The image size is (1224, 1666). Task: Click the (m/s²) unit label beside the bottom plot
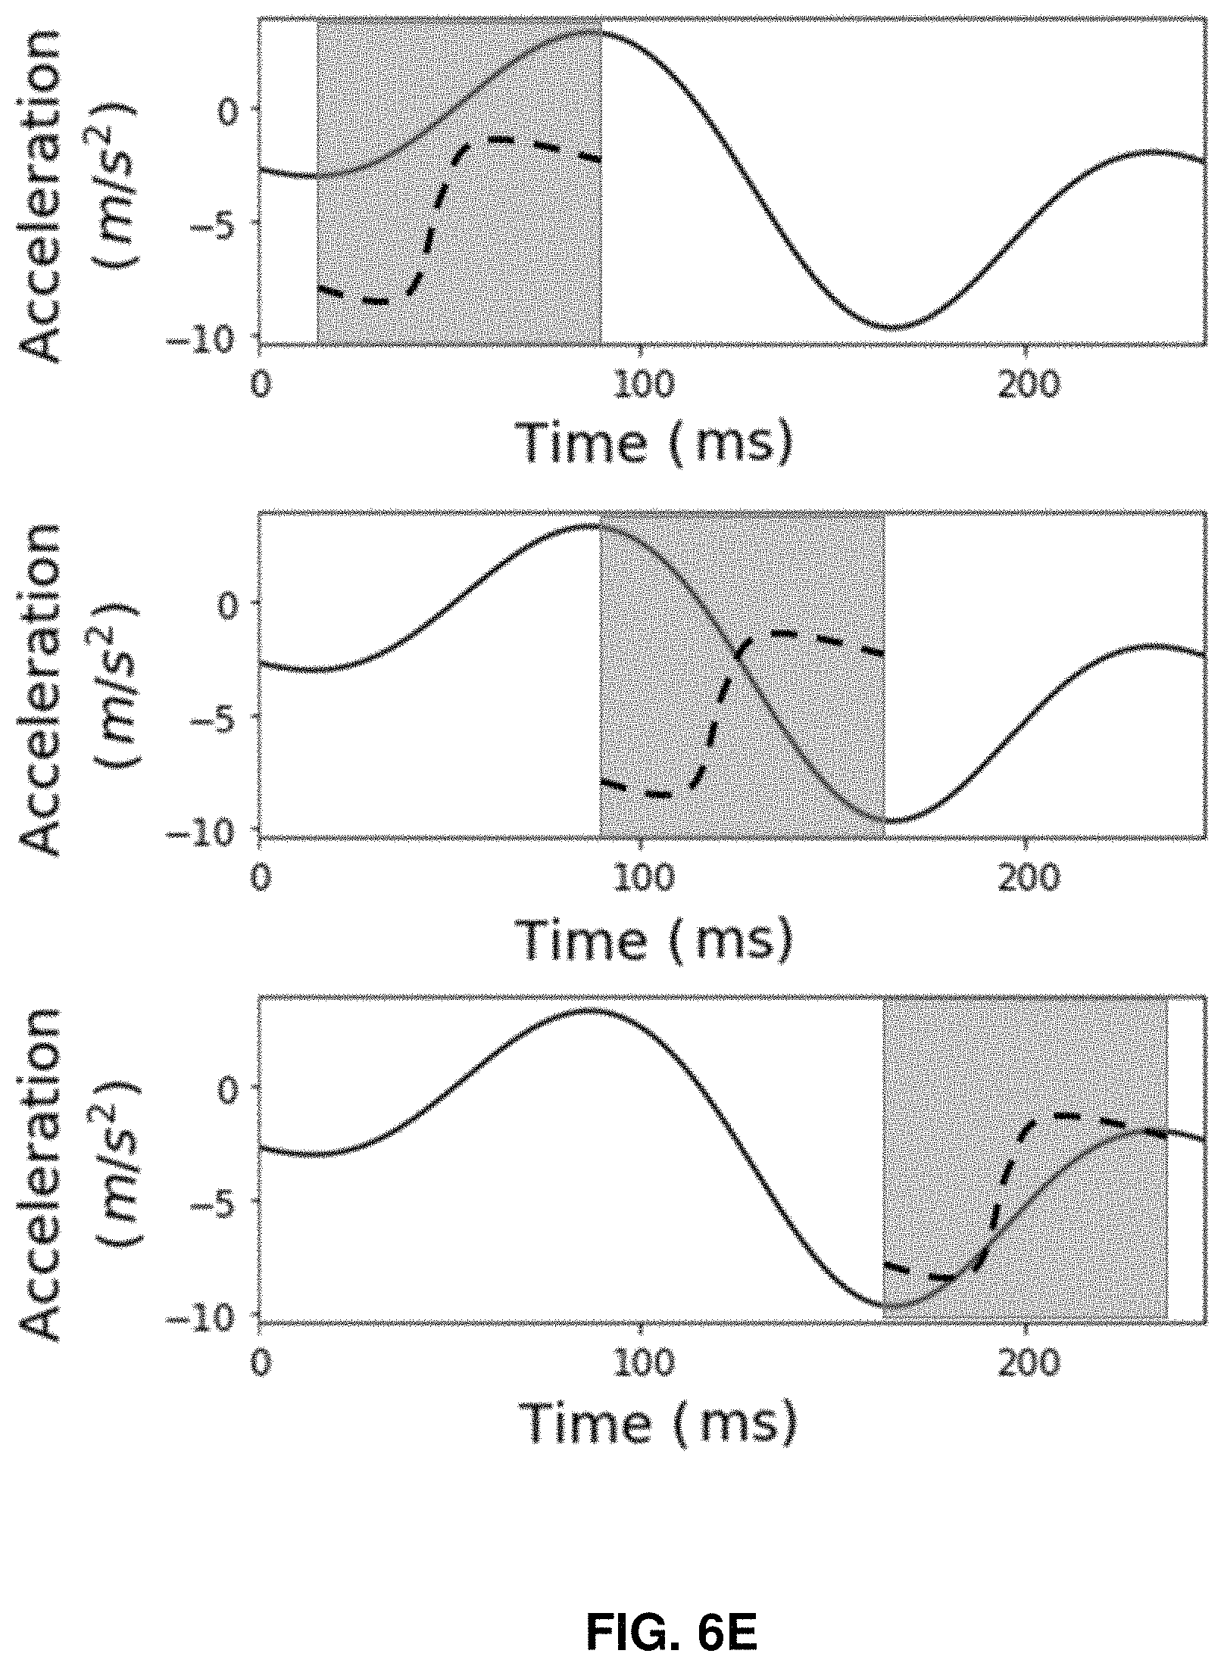[x=117, y=1172]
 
